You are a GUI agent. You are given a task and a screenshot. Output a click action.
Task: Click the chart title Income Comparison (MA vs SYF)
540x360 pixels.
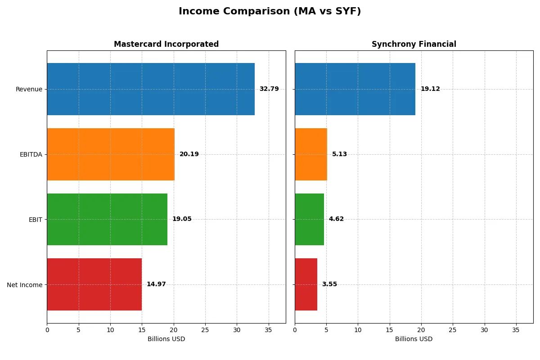pos(270,12)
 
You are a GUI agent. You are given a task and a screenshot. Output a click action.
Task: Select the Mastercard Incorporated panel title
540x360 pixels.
pos(166,44)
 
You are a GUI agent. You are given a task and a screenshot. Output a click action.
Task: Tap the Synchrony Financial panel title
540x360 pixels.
pos(414,44)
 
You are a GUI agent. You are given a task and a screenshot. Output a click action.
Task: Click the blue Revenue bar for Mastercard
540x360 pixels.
pos(151,89)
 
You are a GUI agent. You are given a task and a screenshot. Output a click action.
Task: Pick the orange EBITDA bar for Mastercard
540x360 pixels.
pos(111,154)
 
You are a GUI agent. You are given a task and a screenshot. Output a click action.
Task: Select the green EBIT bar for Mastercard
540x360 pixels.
pos(107,219)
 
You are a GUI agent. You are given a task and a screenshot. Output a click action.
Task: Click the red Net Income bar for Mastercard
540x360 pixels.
pos(94,284)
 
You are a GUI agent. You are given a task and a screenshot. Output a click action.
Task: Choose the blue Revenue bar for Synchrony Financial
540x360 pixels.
pos(355,89)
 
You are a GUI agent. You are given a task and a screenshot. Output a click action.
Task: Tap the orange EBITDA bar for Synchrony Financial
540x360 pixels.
pos(311,154)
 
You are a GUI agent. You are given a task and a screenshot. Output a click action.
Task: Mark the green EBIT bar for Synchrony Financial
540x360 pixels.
pos(309,219)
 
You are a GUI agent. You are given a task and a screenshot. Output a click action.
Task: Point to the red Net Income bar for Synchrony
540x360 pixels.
pos(306,284)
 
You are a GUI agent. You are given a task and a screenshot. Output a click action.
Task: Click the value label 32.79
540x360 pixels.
pos(269,89)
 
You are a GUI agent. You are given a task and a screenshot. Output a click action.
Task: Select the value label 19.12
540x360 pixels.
pos(430,89)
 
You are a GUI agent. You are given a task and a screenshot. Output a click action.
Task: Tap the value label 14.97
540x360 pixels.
pos(156,284)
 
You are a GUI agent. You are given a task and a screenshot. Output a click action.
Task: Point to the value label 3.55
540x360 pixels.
pos(329,284)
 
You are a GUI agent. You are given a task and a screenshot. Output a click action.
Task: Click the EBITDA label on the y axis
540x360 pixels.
pos(31,154)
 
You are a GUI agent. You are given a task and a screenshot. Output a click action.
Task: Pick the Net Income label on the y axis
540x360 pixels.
pos(25,284)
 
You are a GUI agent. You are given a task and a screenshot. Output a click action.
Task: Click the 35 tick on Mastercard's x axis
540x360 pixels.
pos(269,330)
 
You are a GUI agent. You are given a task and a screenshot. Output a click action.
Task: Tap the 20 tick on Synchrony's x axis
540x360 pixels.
pos(421,330)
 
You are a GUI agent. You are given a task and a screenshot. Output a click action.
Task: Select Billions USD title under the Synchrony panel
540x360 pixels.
pos(414,339)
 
